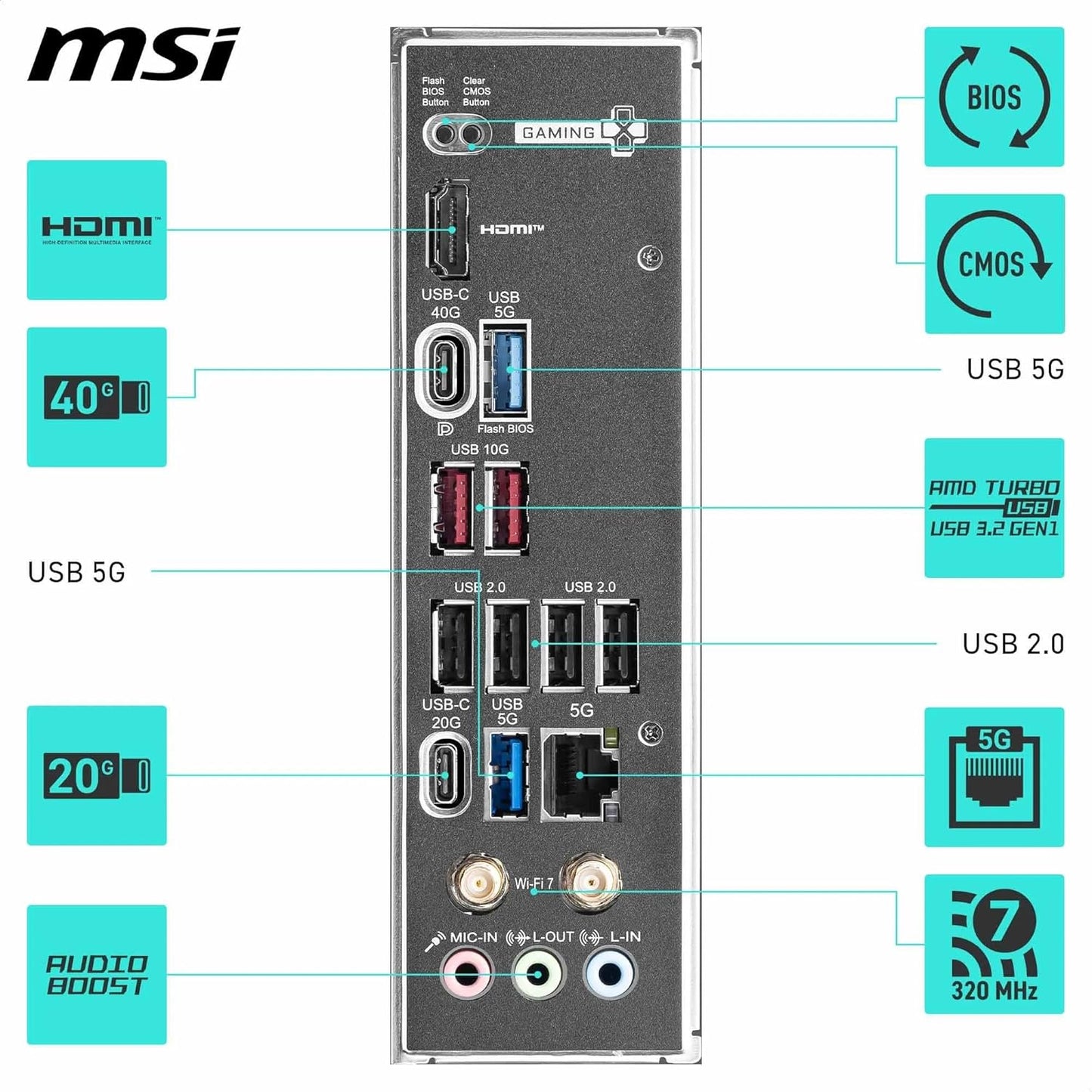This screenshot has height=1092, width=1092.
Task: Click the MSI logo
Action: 134,54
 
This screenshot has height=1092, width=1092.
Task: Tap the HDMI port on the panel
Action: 447,230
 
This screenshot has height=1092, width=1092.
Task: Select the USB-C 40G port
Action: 444,370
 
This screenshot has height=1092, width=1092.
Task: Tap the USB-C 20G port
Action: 446,775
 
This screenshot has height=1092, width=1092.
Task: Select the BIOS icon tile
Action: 994,97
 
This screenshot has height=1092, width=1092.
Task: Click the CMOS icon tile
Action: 995,264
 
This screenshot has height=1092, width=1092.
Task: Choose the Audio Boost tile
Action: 97,974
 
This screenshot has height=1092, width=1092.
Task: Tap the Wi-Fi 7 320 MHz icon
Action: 994,944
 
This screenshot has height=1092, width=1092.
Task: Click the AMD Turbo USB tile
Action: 994,508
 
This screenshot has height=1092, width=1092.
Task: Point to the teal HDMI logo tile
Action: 97,230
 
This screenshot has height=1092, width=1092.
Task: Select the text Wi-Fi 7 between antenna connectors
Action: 534,883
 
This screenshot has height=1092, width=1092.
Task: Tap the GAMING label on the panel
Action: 558,133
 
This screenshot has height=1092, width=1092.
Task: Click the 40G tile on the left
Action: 97,397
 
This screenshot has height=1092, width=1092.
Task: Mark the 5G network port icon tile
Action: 994,777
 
